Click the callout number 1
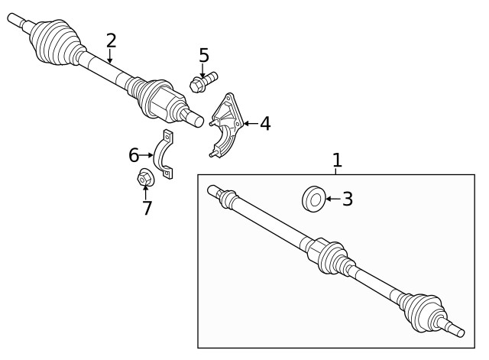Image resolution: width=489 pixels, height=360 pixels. click(337, 161)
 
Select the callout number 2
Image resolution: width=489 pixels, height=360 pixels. click(112, 41)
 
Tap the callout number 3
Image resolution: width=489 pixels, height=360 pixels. click(348, 199)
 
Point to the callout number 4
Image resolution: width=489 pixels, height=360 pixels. click(264, 123)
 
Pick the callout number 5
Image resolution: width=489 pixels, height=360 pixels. click(203, 55)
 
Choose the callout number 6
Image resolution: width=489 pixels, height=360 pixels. click(134, 155)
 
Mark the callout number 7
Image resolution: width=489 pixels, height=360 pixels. click(147, 207)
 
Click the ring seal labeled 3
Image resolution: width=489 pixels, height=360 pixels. click(312, 198)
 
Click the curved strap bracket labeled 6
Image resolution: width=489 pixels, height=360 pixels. click(164, 157)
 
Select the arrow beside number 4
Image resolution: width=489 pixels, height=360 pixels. click(250, 123)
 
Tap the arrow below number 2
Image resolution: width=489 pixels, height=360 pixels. click(111, 56)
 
